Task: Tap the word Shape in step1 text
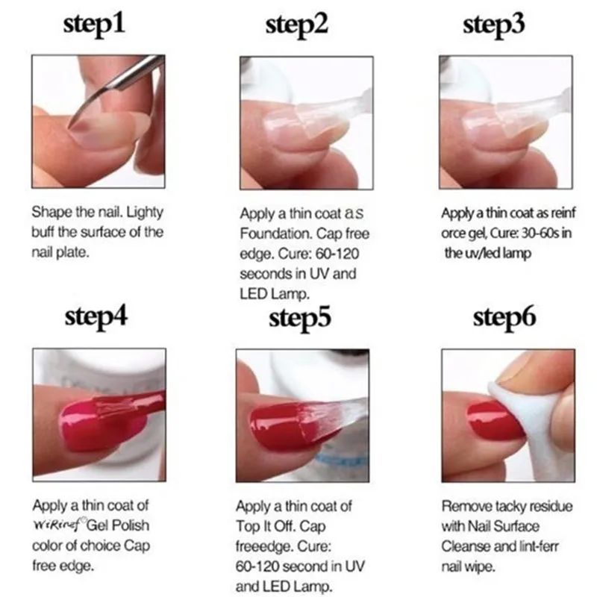[50, 213]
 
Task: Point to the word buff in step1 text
[43, 232]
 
